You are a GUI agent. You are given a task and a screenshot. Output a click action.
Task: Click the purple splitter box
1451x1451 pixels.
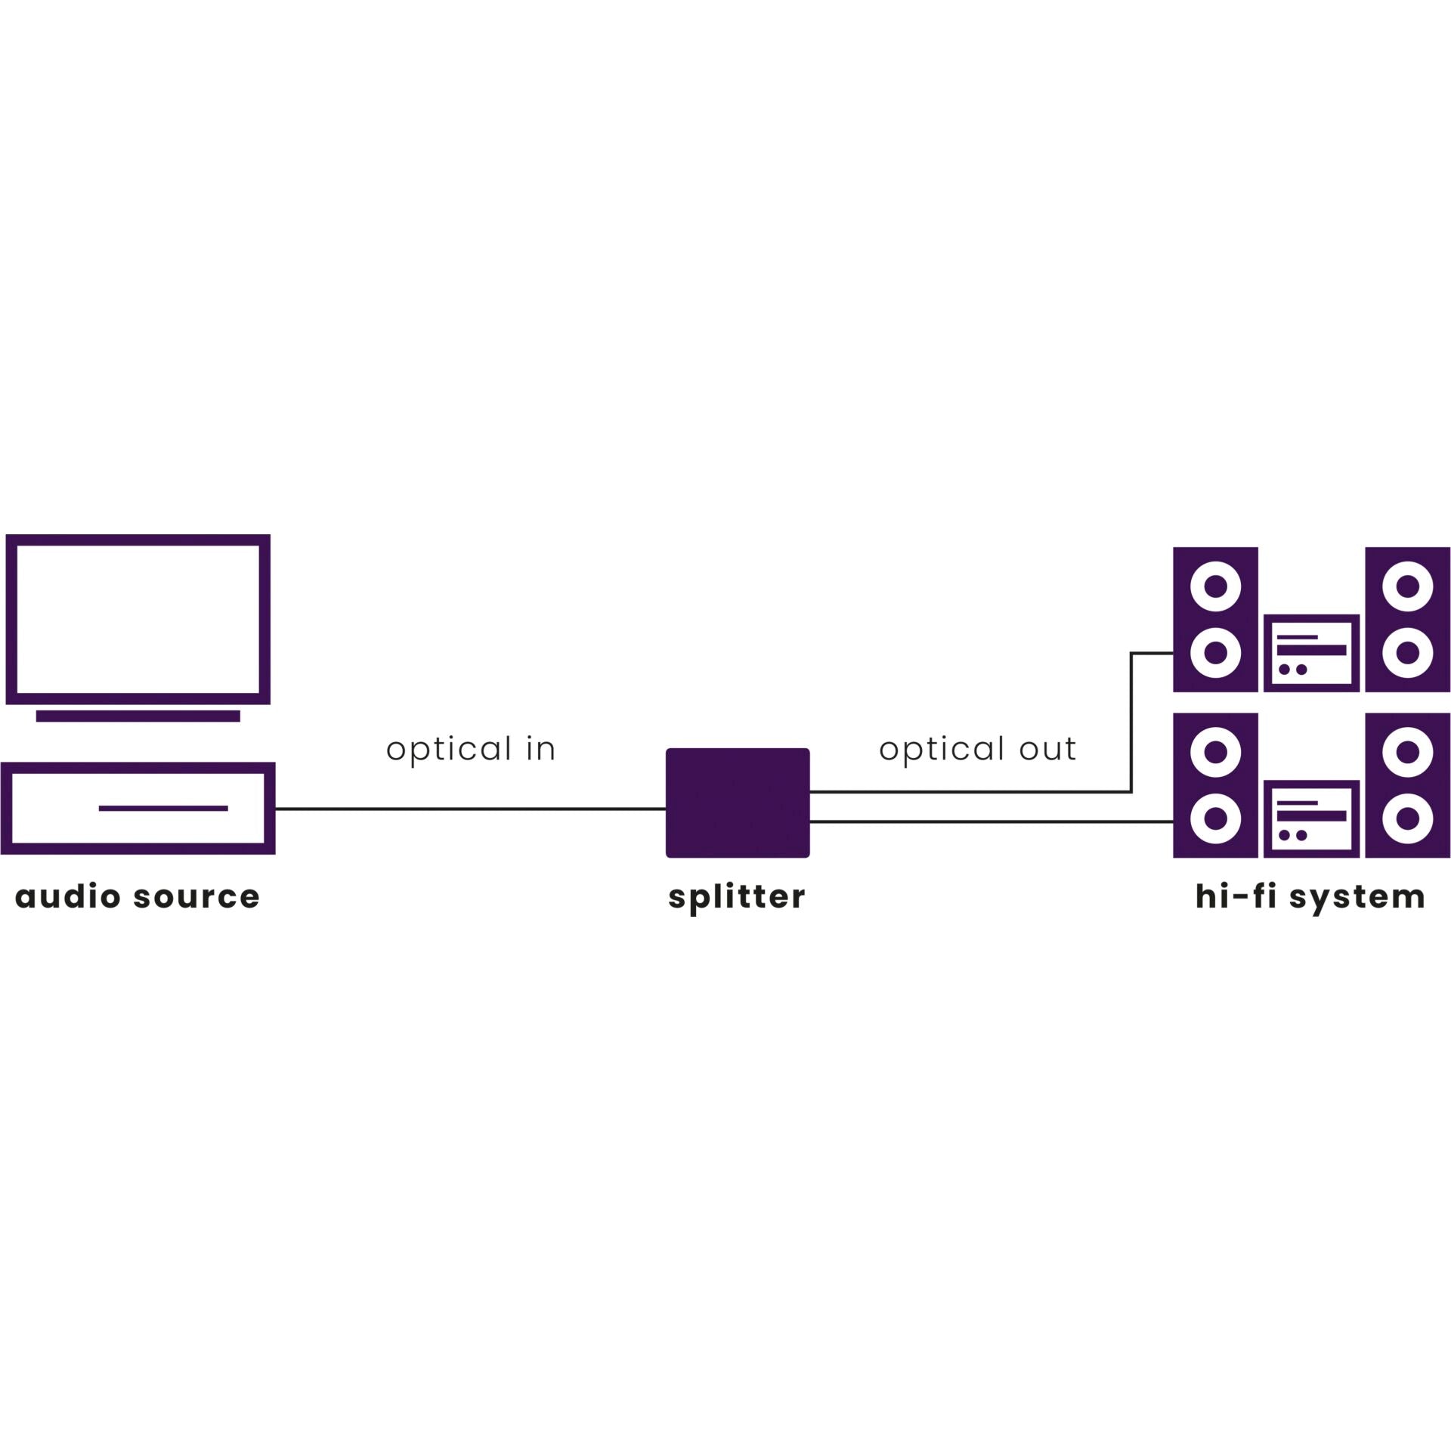click(737, 803)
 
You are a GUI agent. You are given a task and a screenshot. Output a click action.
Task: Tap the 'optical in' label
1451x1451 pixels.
click(471, 749)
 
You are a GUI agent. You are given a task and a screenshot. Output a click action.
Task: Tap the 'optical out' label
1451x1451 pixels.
click(976, 749)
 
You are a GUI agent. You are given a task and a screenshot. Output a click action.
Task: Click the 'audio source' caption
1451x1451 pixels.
click(138, 896)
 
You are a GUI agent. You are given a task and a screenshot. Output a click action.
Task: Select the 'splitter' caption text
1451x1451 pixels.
click(737, 897)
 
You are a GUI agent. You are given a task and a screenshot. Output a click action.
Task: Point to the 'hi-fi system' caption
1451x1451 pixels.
click(1310, 897)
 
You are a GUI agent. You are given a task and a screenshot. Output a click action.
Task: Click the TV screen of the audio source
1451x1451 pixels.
click(138, 619)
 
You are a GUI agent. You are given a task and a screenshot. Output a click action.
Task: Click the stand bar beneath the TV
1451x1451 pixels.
click(138, 716)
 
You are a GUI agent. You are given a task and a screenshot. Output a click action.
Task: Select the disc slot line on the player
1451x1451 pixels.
click(163, 808)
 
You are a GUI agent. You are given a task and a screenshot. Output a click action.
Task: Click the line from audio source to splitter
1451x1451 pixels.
click(469, 809)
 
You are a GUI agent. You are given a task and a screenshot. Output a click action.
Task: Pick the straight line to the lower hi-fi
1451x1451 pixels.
click(990, 821)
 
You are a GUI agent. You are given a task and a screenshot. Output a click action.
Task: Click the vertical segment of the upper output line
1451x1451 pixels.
click(1131, 722)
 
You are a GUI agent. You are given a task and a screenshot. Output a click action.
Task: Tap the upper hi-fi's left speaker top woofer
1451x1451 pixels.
click(1215, 586)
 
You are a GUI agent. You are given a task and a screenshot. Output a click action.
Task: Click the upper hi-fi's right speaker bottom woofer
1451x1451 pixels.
click(1407, 653)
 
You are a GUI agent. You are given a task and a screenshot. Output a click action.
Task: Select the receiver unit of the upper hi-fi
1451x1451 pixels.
click(1311, 653)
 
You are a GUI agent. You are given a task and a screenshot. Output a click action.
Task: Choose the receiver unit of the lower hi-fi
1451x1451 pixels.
click(1311, 818)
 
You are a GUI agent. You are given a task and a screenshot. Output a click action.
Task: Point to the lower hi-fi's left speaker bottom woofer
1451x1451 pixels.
click(1215, 818)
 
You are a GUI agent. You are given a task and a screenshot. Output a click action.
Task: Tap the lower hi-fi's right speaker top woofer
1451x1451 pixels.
click(1407, 752)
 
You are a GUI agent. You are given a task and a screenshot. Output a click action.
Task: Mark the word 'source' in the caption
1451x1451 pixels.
click(196, 897)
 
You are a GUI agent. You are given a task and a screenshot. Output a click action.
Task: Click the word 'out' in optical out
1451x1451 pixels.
click(1047, 749)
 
